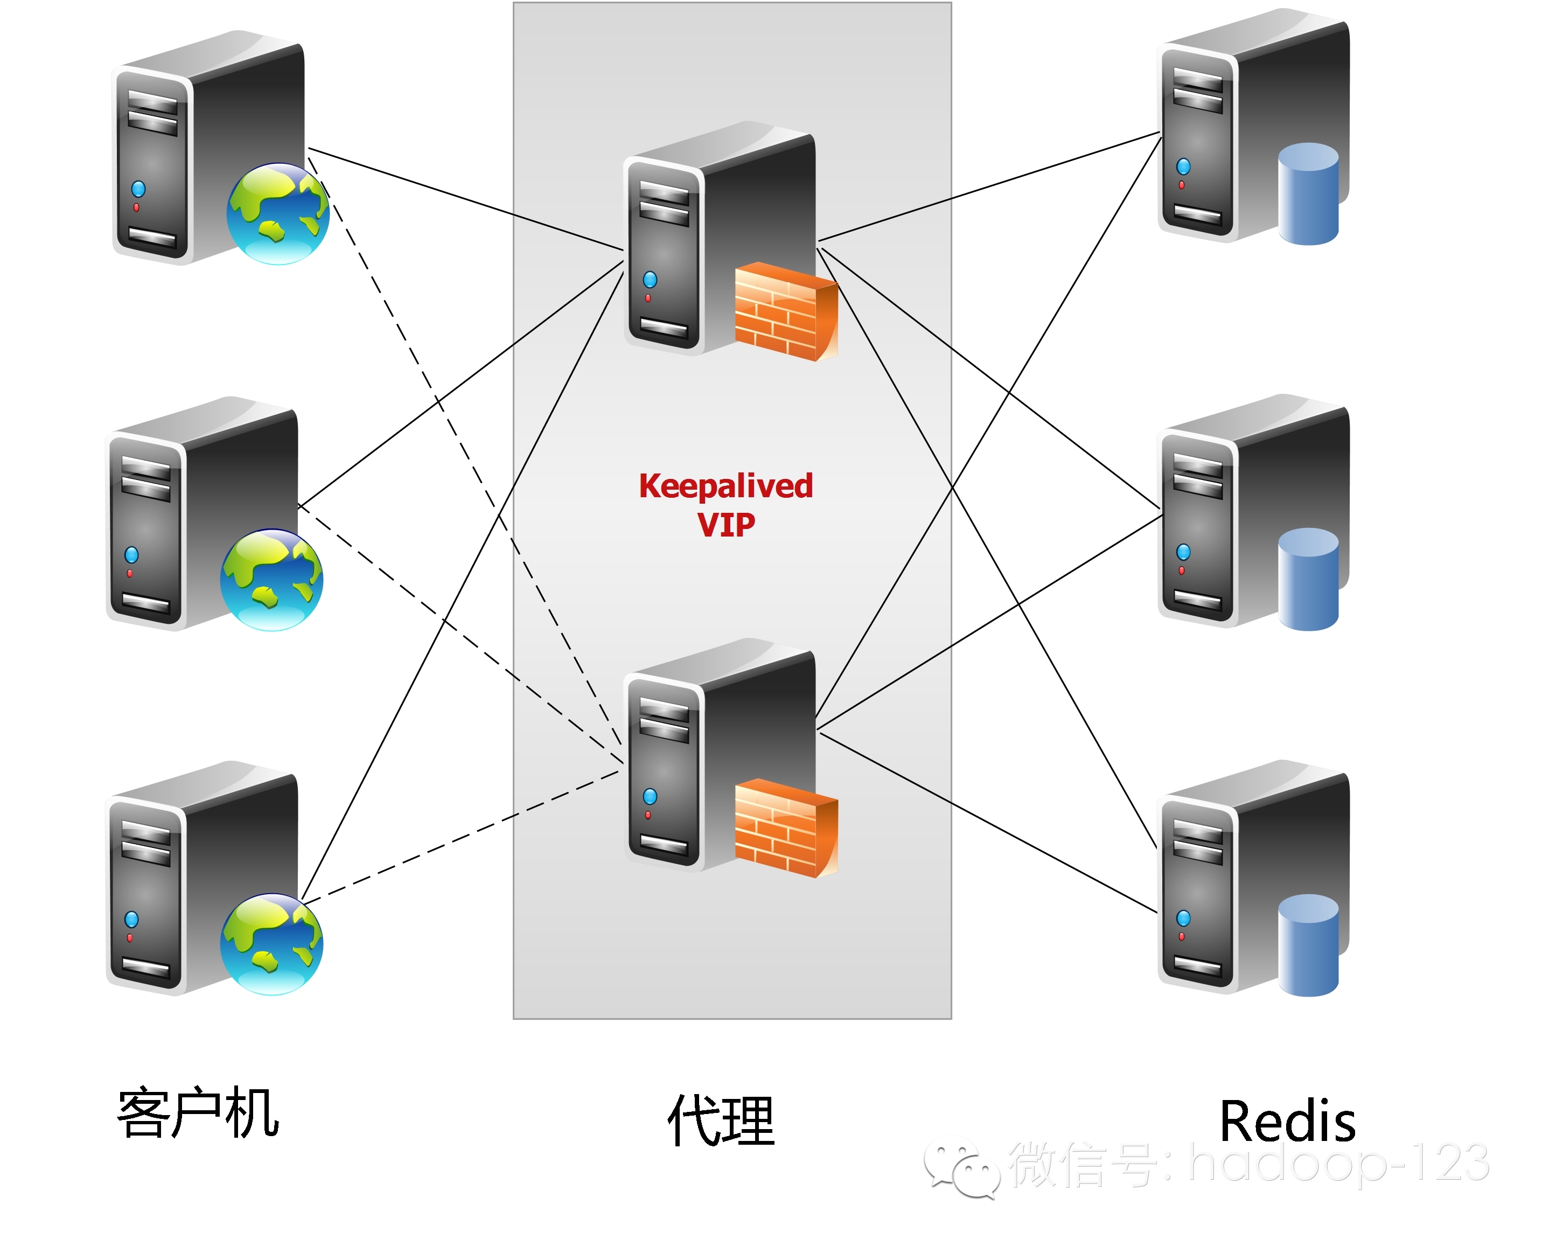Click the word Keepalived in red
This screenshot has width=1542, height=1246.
point(725,486)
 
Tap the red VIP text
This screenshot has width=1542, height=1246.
point(725,525)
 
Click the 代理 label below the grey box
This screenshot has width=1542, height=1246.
point(721,1120)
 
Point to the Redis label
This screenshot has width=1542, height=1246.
point(1287,1121)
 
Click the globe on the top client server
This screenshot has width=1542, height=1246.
point(278,213)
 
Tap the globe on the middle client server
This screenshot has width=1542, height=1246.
point(271,580)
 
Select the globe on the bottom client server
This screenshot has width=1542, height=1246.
point(271,944)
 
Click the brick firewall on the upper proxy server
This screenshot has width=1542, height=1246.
point(786,312)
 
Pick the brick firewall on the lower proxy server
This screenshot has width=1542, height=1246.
point(786,829)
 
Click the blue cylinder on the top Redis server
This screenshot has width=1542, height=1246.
point(1308,194)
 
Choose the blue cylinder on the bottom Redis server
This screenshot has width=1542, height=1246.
point(1308,945)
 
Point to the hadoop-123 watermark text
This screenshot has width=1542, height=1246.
point(1338,1163)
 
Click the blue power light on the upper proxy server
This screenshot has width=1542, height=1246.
point(650,279)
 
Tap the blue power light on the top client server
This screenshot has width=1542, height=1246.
point(138,189)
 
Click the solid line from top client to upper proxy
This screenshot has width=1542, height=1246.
point(466,199)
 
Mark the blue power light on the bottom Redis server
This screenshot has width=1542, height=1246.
point(1183,918)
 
